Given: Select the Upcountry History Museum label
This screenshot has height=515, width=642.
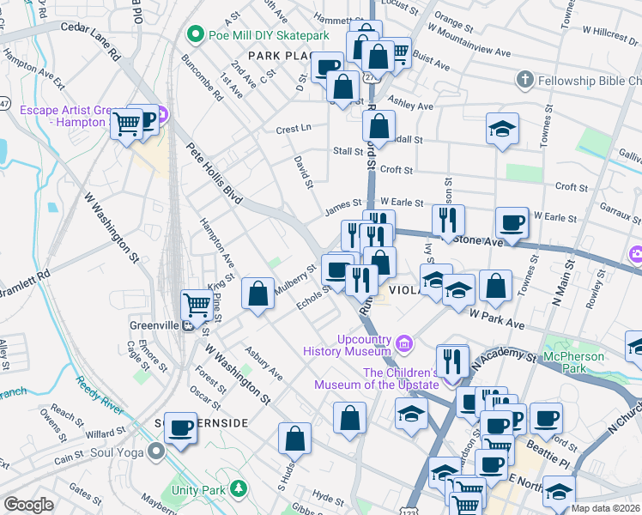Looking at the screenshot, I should click(x=353, y=344).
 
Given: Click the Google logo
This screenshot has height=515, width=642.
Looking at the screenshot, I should click(x=28, y=505).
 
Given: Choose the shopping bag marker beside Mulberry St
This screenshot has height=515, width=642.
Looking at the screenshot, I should click(x=257, y=294).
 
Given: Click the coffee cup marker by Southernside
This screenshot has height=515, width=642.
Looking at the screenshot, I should click(x=180, y=427).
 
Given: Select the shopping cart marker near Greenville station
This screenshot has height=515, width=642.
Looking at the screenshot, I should click(x=197, y=304).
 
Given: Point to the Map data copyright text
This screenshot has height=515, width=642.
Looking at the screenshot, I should click(x=605, y=508).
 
